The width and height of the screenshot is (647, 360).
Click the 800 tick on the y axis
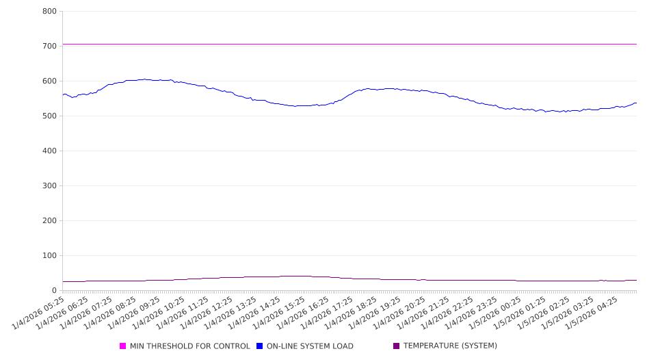pos(49,12)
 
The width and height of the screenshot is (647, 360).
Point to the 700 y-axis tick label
pos(49,47)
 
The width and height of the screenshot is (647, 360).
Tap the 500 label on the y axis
pos(49,116)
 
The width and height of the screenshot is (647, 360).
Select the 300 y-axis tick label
pos(49,186)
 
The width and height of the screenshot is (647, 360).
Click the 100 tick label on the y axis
pos(49,256)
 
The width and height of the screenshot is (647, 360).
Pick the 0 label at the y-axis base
pos(54,291)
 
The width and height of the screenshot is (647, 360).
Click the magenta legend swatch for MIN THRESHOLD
pos(123,346)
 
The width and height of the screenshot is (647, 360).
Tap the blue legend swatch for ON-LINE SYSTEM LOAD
pos(260,346)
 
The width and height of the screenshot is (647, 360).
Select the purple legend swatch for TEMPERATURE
pos(397,346)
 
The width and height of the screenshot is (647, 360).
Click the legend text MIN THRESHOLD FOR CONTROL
pos(189,346)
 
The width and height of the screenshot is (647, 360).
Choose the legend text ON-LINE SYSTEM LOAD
pos(310,346)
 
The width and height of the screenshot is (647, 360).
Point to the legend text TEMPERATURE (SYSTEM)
pos(450,346)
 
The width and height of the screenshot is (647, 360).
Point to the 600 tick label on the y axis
pos(49,81)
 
